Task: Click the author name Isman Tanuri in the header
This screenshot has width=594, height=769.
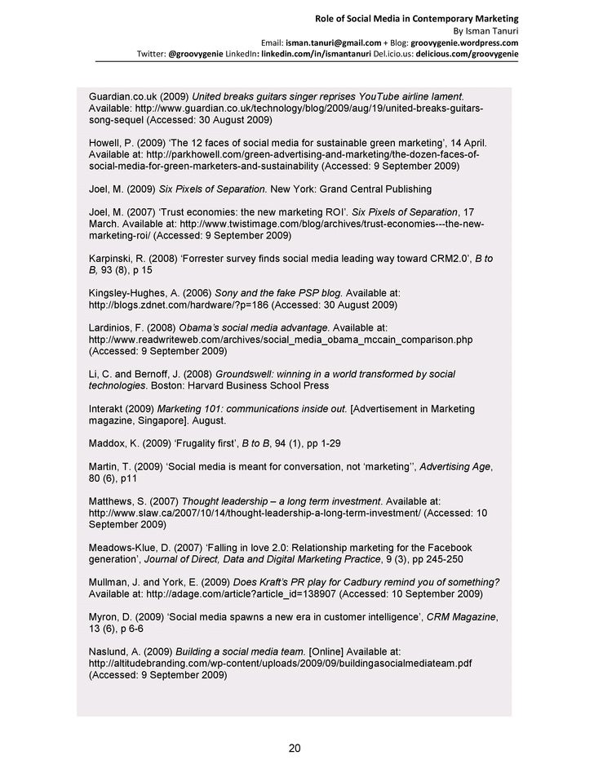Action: click(x=493, y=30)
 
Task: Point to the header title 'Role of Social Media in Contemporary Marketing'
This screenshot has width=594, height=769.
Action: click(x=417, y=18)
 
